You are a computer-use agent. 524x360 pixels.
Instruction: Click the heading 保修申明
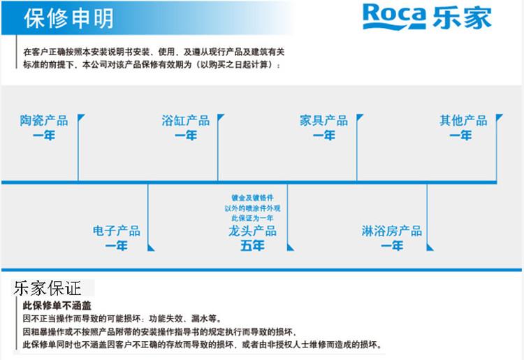68,20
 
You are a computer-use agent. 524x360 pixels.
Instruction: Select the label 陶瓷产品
44,120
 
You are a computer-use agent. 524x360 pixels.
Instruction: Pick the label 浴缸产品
185,120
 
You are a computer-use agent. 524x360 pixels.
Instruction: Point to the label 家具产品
323,120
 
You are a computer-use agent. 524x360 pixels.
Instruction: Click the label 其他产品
463,120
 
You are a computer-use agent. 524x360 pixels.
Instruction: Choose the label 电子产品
117,231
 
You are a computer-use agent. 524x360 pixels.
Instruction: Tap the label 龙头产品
252,231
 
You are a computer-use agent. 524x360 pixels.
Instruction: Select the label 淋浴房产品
391,231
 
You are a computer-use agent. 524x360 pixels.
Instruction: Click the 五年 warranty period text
252,246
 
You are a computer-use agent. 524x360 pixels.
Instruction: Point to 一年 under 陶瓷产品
44,136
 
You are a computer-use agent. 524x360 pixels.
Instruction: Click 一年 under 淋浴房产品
391,246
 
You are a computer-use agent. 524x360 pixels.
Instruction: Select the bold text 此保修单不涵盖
57,305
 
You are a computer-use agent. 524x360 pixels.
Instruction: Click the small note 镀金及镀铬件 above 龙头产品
252,199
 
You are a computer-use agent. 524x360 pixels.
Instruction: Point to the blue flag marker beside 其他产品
499,117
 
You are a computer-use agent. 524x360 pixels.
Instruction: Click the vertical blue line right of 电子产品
148,217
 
